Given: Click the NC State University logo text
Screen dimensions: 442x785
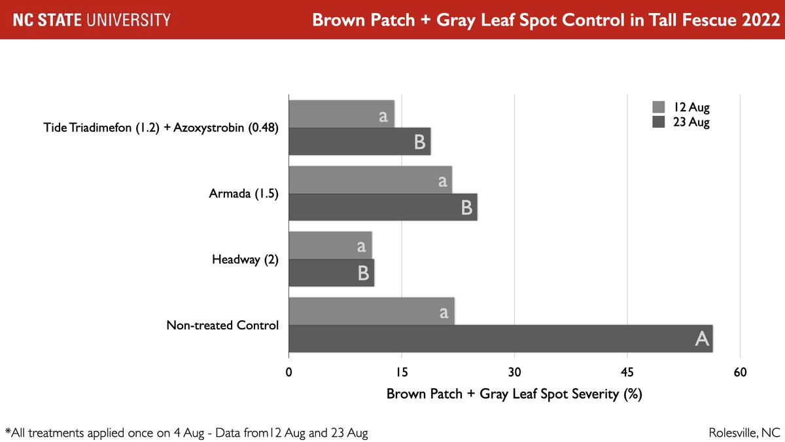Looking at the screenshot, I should pos(92,20).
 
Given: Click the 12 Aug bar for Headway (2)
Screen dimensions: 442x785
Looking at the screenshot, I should pos(330,246).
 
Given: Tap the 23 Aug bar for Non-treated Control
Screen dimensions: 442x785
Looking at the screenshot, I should pos(500,339).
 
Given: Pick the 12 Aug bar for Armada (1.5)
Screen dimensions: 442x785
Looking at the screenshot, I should pos(370,180).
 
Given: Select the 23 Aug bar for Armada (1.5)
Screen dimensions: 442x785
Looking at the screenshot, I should pos(383,208).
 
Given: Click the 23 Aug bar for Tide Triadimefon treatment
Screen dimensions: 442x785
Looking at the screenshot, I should pos(360,141).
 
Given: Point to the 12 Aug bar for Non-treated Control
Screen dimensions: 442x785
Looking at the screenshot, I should pos(372,312).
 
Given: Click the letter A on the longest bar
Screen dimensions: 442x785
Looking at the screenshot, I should pos(702,339).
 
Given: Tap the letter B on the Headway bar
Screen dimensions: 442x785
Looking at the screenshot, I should pos(364,273).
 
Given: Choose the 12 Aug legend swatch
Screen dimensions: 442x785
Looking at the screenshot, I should pos(659,107).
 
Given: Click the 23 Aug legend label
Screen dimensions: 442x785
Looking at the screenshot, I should pos(691,122).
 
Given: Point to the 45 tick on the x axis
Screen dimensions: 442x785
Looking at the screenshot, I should pos(627,373).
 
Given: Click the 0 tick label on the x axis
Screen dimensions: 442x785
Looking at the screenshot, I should pos(289,373).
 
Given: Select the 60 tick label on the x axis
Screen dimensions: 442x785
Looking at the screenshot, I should pos(740,373).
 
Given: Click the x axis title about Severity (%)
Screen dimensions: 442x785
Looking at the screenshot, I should pos(514,394).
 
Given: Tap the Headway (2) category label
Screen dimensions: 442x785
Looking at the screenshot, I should pos(245,260).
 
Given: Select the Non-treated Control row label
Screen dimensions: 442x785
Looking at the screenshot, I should pos(222,325).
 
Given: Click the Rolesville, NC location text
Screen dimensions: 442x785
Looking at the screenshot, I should pos(744,433).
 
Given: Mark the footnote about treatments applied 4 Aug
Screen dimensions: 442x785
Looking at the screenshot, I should pos(186,433).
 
